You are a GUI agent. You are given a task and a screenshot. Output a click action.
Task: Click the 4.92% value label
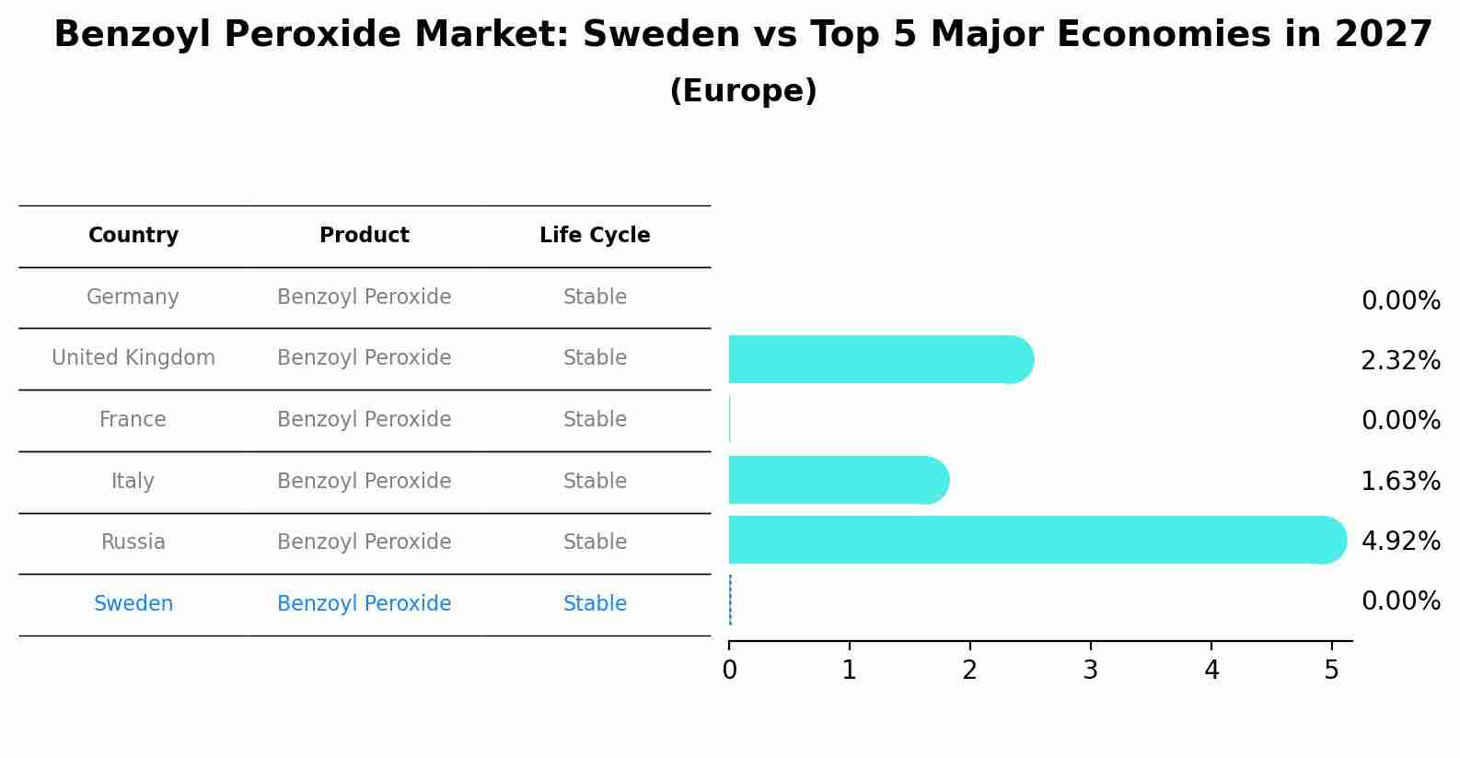[x=1400, y=541]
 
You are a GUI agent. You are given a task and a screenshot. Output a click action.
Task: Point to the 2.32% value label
[x=1400, y=360]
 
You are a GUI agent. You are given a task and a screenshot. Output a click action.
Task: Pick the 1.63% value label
[x=1400, y=481]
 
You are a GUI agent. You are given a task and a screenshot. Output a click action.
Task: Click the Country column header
[x=133, y=236]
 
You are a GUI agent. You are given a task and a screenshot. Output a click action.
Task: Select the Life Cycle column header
[x=595, y=236]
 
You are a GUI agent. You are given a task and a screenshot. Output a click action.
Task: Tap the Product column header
[x=364, y=236]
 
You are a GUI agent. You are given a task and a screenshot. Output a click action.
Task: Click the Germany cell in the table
[x=133, y=297]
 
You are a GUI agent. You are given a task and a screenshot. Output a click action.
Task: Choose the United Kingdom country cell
[x=133, y=358]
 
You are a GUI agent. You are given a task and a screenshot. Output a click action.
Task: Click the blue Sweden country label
[x=133, y=604]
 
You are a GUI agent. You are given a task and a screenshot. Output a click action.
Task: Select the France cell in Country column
[x=133, y=420]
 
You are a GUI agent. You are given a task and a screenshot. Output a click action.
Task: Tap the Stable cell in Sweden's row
[x=595, y=604]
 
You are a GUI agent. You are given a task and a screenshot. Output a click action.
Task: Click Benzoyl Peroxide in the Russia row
[x=364, y=542]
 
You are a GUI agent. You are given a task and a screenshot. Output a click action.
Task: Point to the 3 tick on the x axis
[x=1090, y=671]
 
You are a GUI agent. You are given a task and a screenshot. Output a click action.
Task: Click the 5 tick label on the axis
[x=1331, y=671]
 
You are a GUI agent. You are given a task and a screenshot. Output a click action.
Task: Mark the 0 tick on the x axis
[x=729, y=671]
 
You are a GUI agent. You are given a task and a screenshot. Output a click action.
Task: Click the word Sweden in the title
[x=661, y=35]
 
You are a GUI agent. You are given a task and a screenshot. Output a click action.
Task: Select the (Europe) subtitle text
[x=743, y=91]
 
